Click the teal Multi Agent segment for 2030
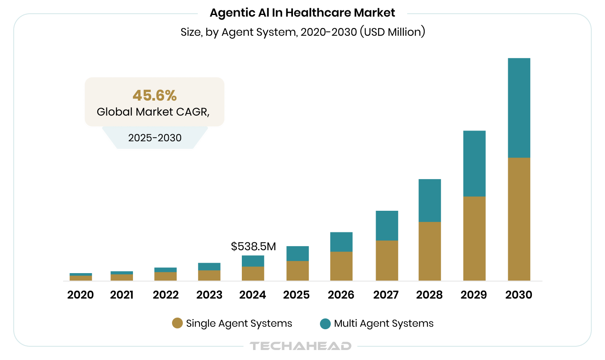point(519,108)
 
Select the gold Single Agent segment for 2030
point(519,219)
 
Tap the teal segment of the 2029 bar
point(474,163)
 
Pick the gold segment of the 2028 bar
point(430,251)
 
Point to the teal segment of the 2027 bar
point(387,225)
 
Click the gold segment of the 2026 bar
point(341,266)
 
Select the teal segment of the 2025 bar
point(298,254)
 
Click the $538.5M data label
point(253,247)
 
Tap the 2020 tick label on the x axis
point(81,295)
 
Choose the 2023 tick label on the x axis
point(209,295)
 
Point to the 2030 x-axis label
point(519,295)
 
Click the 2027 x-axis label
point(386,295)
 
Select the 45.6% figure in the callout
point(155,96)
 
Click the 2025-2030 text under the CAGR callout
point(155,138)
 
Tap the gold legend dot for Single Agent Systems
point(177,323)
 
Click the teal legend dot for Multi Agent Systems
point(325,323)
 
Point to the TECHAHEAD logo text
point(300,346)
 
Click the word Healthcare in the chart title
point(312,13)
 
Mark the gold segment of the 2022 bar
point(165,276)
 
